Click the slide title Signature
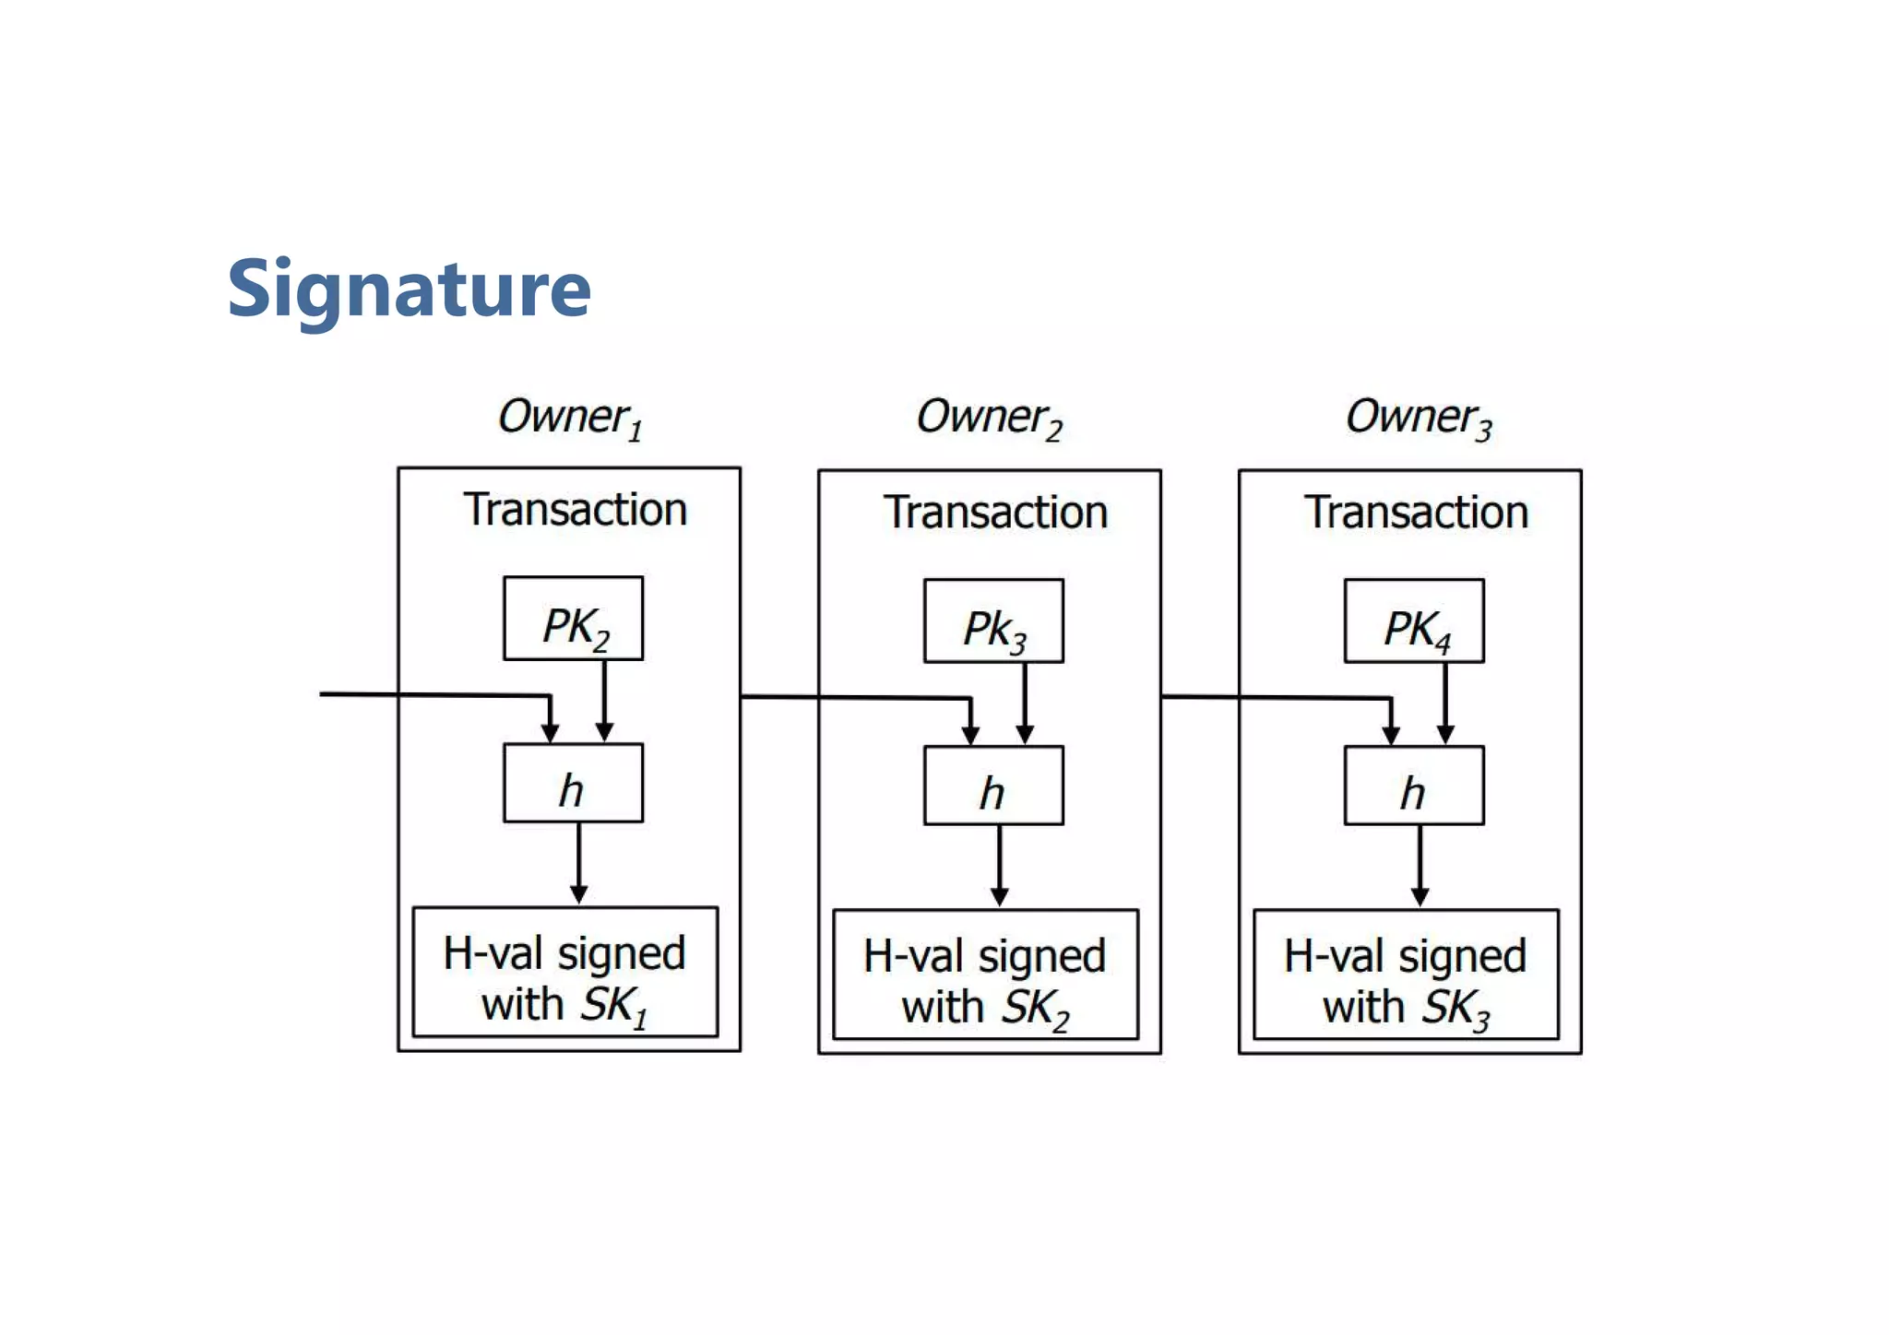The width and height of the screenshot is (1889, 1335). tap(409, 289)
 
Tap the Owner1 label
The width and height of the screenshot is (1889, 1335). tap(569, 418)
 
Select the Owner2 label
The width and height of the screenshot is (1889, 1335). tap(988, 418)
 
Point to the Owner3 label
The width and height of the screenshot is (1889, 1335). tap(1418, 418)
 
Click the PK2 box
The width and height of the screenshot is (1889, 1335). tap(573, 619)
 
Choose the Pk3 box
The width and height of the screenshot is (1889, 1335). tap(993, 621)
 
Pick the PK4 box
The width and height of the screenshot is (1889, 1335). tap(1414, 621)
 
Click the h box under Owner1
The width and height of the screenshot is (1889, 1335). tap(573, 783)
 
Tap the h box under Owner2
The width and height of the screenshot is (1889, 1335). tap(993, 786)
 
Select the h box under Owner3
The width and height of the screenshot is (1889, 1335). tap(1414, 786)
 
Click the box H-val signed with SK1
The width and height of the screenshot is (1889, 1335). tap(564, 973)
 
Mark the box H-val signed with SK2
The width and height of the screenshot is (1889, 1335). tap(985, 975)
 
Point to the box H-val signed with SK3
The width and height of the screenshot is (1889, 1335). tap(1406, 975)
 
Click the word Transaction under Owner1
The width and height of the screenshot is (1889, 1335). tap(575, 510)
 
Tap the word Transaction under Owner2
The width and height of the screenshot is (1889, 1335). tap(995, 513)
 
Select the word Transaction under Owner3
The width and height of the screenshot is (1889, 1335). tap(1416, 513)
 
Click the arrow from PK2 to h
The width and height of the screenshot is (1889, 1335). tap(604, 701)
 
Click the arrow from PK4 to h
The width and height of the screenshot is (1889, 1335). tap(1445, 703)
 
